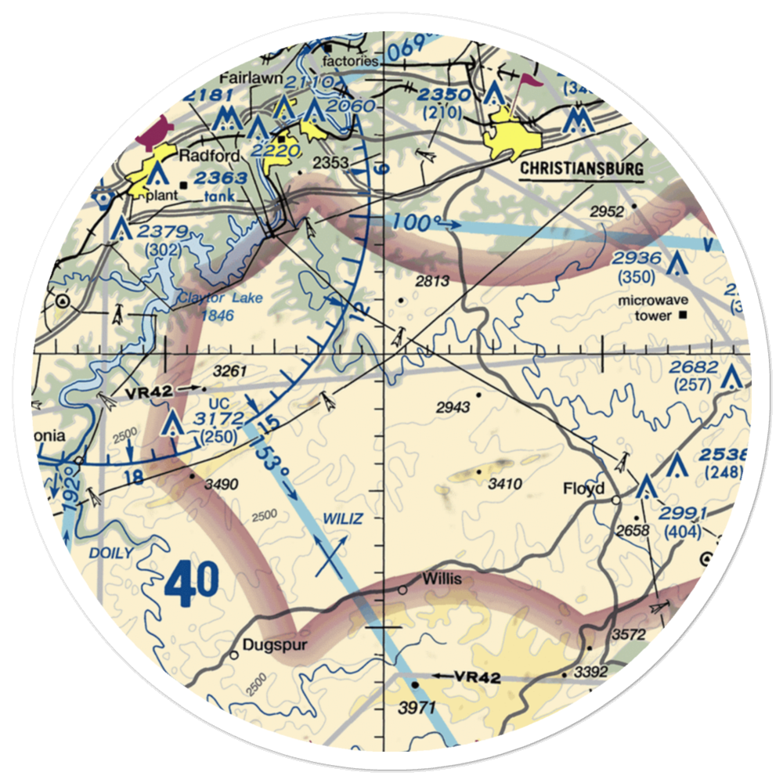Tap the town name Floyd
[x=584, y=489]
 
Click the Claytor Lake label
[x=210, y=298]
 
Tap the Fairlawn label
[x=244, y=78]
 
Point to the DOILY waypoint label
[x=110, y=553]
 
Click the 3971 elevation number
[x=415, y=708]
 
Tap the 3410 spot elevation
[x=504, y=484]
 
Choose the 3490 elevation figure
[x=221, y=485]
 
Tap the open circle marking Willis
[x=402, y=590]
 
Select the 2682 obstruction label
[x=693, y=367]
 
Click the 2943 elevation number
[x=453, y=406]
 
